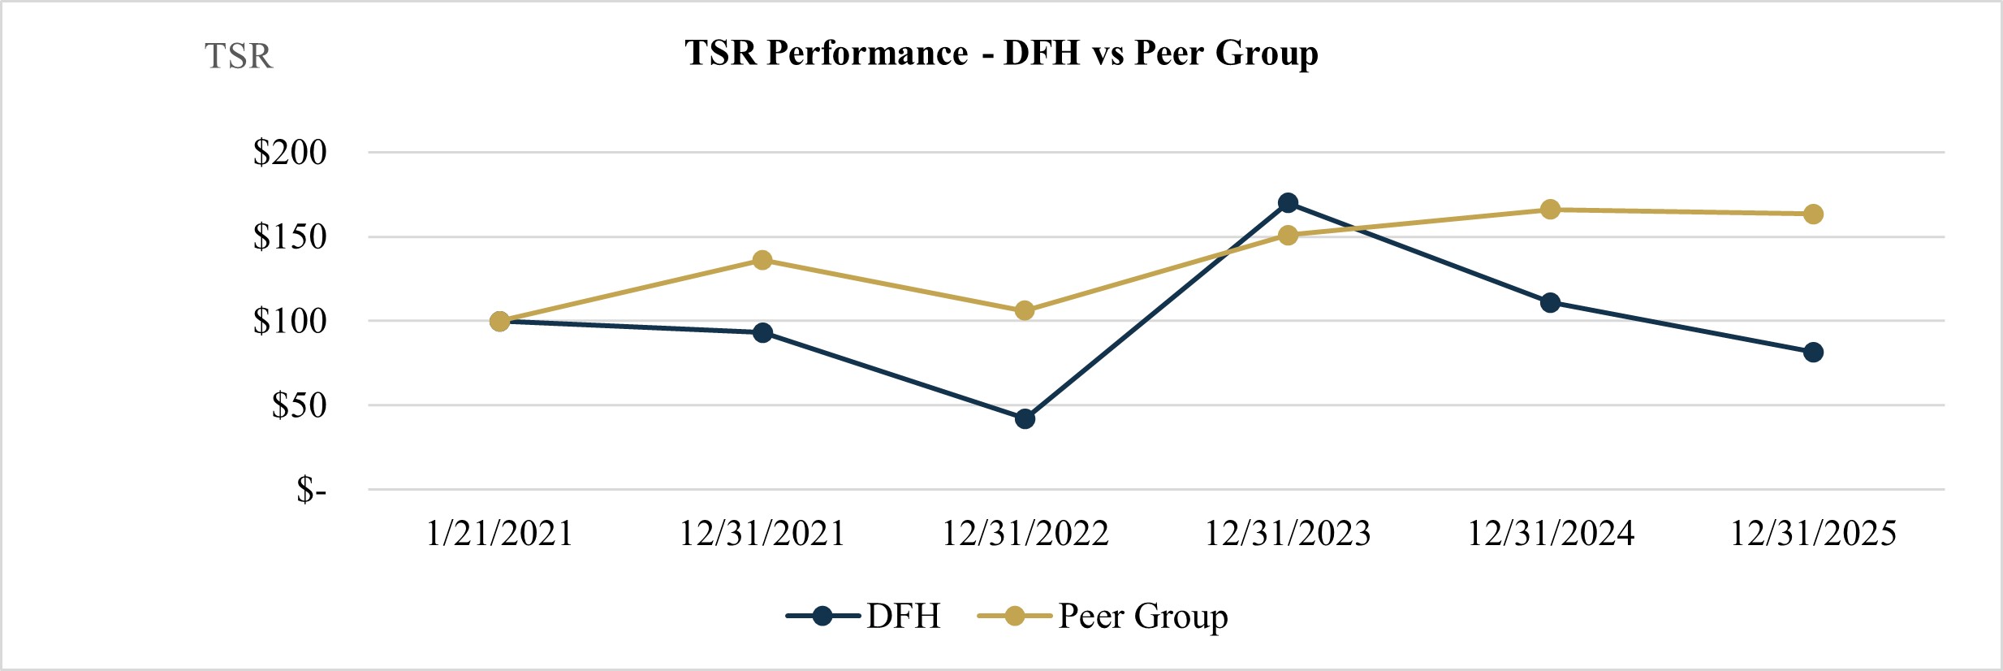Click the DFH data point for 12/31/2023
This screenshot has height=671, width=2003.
[x=1288, y=203]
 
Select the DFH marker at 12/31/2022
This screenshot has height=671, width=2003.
[x=1025, y=419]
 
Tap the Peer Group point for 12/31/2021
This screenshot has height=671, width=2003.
[x=762, y=260]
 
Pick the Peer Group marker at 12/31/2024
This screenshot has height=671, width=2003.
[x=1550, y=210]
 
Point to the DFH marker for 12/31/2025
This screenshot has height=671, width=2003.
[x=1813, y=353]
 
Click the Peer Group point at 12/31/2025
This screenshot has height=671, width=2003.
[x=1813, y=214]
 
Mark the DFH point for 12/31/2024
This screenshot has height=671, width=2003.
[x=1550, y=303]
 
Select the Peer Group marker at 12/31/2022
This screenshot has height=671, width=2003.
[x=1025, y=311]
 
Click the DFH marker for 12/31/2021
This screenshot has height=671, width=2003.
[x=762, y=333]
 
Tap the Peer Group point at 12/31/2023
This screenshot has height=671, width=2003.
[x=1288, y=236]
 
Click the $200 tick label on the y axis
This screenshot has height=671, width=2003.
[x=290, y=153]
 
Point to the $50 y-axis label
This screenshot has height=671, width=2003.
[x=299, y=405]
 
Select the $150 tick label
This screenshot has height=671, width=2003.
[x=290, y=237]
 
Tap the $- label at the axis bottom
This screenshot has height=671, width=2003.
[x=311, y=490]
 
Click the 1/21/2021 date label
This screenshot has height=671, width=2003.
[x=499, y=534]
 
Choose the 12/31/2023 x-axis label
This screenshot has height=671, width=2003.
[x=1288, y=534]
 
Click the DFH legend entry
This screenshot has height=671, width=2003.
[x=903, y=617]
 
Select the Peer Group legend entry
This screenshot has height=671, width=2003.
[x=1142, y=617]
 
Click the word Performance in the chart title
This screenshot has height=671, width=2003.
[x=867, y=54]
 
